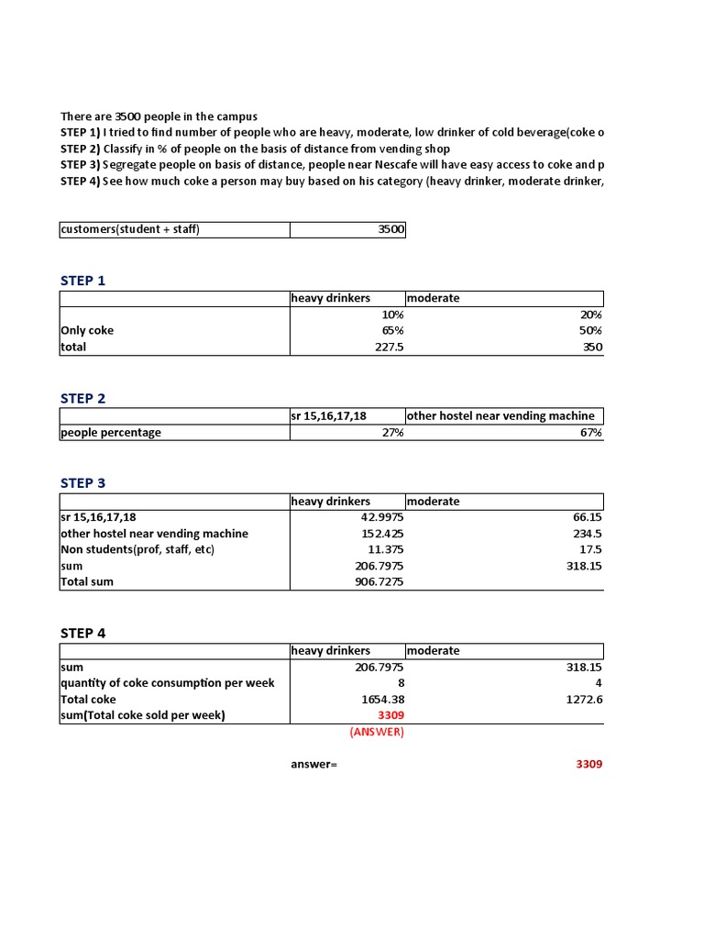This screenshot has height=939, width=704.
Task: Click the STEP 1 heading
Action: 83,281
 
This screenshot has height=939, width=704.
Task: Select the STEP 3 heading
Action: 83,483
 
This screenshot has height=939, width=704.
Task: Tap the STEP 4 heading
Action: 83,633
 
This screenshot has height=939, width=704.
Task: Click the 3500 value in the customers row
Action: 390,229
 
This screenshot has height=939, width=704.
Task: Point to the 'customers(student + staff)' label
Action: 130,229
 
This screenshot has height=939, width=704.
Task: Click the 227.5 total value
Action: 386,348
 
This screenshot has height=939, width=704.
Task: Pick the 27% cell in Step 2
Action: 392,433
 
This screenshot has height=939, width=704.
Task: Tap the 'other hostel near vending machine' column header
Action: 500,416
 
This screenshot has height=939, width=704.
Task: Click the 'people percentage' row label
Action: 111,433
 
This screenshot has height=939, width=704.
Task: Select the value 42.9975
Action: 379,517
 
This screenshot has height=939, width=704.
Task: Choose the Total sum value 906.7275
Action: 378,581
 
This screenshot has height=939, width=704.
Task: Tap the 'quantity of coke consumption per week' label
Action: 167,683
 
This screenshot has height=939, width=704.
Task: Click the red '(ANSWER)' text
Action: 376,732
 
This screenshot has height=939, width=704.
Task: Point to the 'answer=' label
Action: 313,764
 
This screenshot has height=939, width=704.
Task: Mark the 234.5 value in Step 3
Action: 584,534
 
